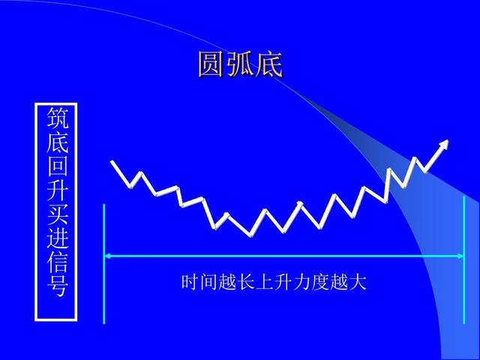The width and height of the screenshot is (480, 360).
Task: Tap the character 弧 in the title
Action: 241,64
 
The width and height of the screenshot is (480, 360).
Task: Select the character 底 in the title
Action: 269,64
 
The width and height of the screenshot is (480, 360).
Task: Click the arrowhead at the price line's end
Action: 445,143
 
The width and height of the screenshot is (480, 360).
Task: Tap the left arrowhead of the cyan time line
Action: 107,256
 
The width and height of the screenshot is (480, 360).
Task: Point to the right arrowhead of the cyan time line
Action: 460,256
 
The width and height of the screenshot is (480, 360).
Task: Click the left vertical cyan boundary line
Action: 103,262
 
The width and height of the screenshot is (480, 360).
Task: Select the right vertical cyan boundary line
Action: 464,262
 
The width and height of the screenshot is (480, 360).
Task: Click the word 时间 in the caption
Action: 199,283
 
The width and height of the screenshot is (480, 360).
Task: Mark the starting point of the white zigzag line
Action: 112,161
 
